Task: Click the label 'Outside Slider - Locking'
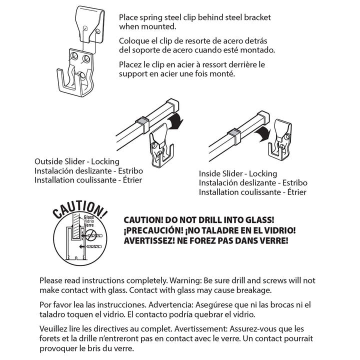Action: [x=77, y=161]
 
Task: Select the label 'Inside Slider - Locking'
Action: [x=238, y=173]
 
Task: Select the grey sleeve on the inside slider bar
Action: [x=232, y=133]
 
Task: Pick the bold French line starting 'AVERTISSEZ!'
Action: [x=205, y=240]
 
